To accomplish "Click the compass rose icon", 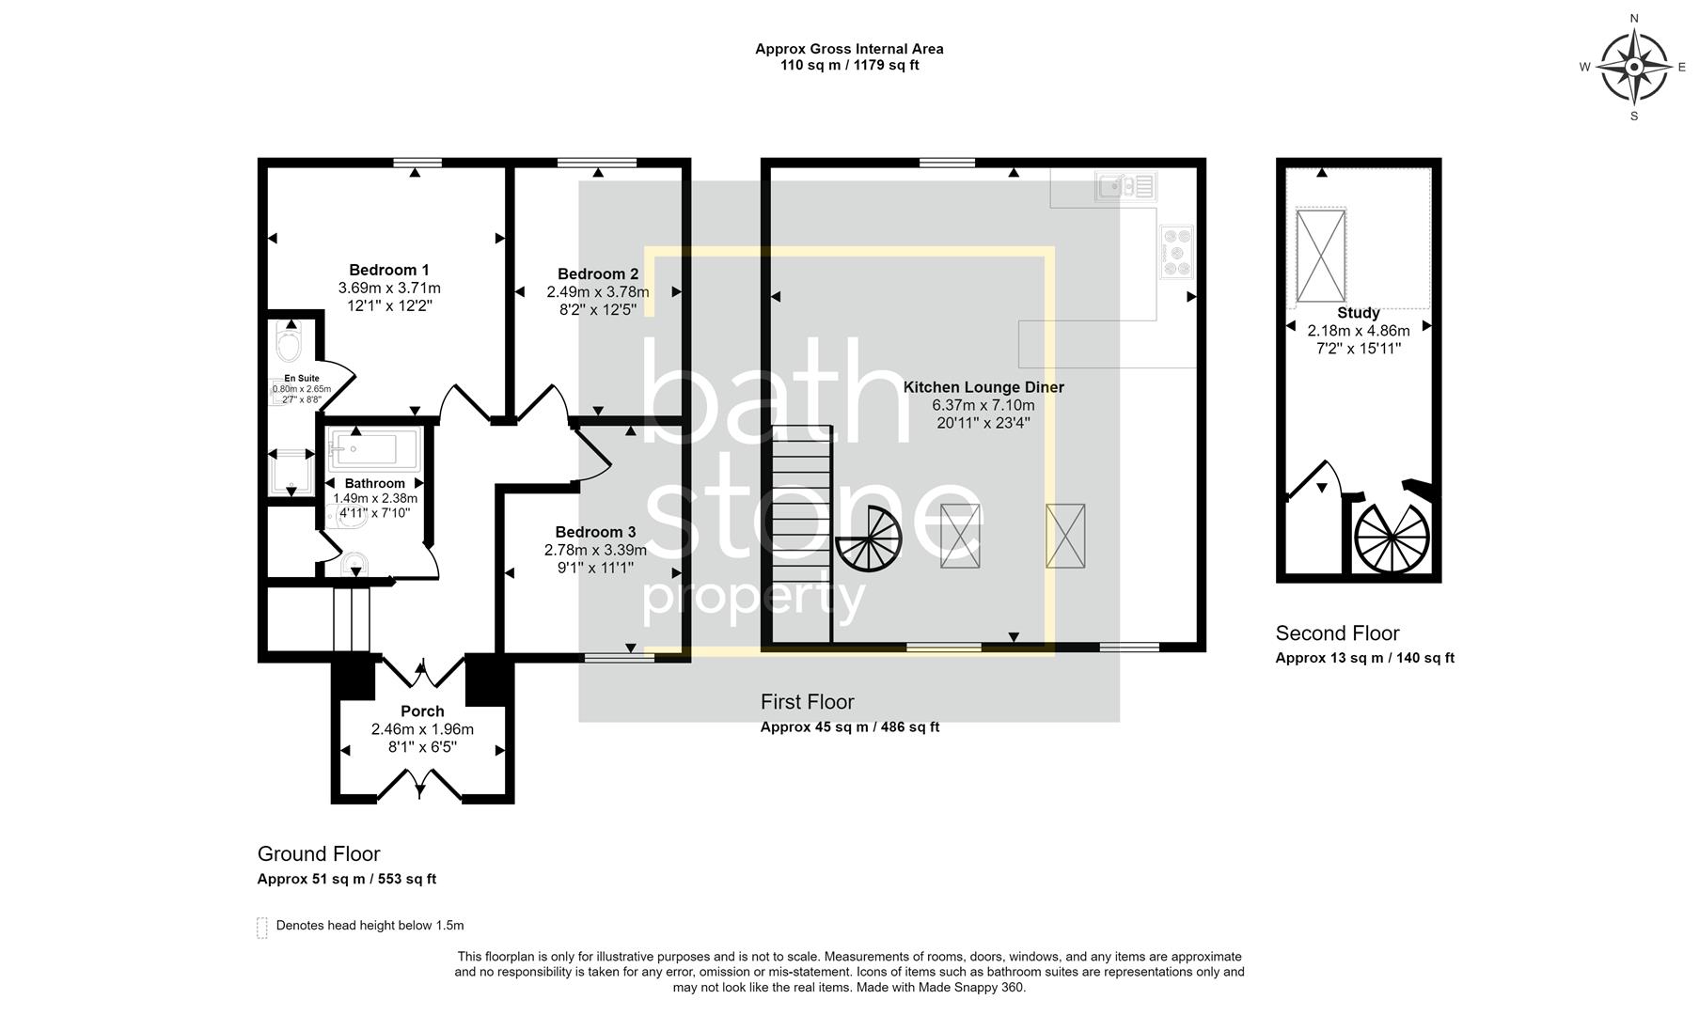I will (1634, 67).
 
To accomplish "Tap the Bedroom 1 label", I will (389, 270).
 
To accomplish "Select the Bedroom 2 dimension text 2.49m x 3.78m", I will (598, 291).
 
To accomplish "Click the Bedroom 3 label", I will (595, 532).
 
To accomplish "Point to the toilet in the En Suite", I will (290, 343).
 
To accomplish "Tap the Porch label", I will (422, 711).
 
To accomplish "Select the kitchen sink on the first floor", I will (1125, 186).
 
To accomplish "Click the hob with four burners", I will (1176, 252).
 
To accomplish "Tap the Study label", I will (1359, 313).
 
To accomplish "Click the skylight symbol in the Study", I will (1321, 256).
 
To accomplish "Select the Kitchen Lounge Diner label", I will (983, 387).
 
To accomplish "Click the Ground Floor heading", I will (319, 854).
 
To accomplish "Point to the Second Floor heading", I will (1337, 633).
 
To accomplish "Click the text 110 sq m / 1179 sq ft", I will (849, 66).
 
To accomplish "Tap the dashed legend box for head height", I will (262, 928).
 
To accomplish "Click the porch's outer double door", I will (420, 784).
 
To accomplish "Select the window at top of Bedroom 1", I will (417, 163).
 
